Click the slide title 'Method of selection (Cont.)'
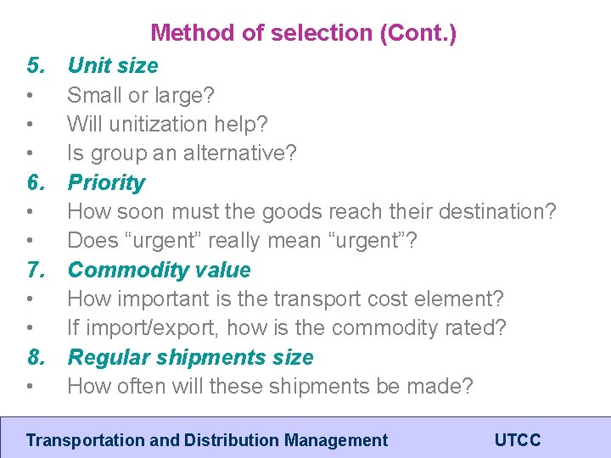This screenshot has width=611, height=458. point(303,33)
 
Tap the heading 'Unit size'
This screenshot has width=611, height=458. point(113,65)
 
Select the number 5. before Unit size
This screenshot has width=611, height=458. point(36,65)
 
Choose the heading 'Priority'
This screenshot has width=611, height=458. point(106,182)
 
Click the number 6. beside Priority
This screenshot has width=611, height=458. point(36,182)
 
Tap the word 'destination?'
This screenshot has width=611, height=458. point(492,212)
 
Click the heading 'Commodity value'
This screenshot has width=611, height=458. point(159,270)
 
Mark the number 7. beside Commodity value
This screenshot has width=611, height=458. point(36,270)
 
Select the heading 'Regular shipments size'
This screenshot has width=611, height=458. point(190,357)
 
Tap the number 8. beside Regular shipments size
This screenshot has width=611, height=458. point(36,357)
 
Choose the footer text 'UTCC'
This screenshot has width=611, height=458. point(518,440)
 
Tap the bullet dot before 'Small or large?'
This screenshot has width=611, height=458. point(31,95)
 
